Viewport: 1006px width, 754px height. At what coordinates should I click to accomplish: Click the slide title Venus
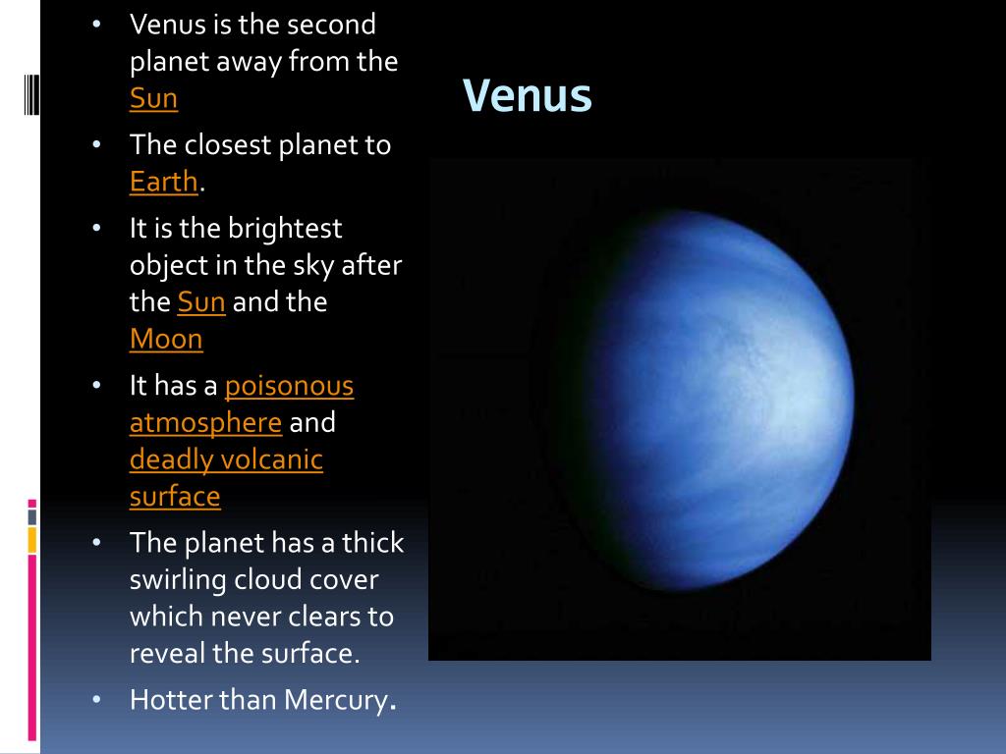(527, 95)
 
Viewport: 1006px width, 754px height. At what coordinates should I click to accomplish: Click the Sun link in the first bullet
(153, 98)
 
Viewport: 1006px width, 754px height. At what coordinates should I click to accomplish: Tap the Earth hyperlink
(164, 182)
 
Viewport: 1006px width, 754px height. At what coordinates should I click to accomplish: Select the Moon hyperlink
(166, 339)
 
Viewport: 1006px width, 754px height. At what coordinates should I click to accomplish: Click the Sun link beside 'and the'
(201, 302)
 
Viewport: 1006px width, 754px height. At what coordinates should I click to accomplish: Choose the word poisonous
(290, 386)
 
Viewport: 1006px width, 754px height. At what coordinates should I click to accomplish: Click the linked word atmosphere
(206, 423)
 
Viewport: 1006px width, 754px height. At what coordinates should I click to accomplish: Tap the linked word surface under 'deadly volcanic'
(175, 497)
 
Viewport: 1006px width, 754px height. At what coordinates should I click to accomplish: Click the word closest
(228, 145)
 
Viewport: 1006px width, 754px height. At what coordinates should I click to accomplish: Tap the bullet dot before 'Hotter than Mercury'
(97, 699)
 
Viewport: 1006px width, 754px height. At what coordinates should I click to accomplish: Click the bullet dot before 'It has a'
(97, 385)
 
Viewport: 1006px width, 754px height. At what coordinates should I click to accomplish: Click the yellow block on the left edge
(32, 540)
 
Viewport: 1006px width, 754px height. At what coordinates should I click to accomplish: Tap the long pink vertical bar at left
(32, 648)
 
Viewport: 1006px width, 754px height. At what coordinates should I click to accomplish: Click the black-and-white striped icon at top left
(32, 94)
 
